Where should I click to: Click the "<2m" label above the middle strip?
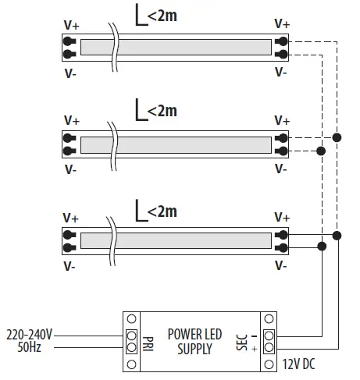coord(162,111)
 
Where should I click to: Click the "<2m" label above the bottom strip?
coord(162,211)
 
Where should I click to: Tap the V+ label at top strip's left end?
coord(71,24)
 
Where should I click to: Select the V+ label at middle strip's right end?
coord(282,120)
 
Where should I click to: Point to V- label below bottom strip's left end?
coord(70,267)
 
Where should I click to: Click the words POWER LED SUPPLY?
coord(195,342)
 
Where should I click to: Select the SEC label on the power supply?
coord(241,342)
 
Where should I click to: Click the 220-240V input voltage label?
coord(29,334)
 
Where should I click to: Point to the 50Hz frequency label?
coord(29,346)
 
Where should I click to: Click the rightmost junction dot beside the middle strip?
coord(337,137)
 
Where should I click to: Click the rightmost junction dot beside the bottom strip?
coord(337,235)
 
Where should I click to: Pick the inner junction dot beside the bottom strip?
coord(321,247)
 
